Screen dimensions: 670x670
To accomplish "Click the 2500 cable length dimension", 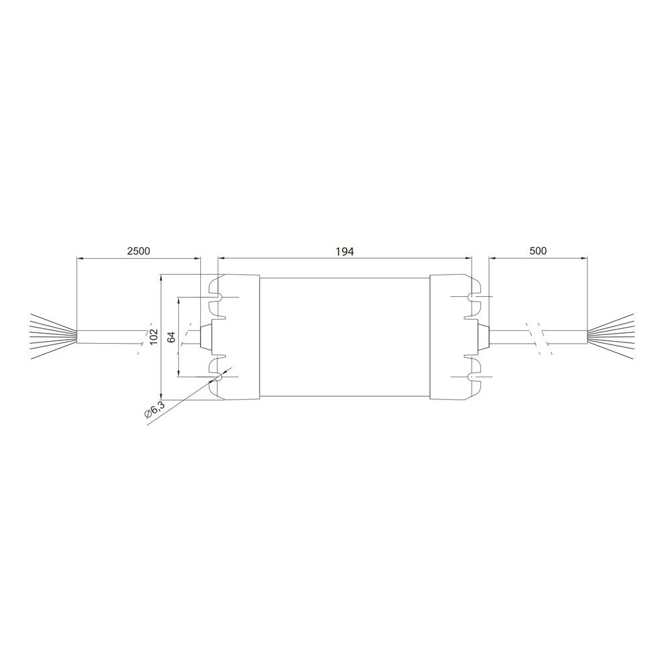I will tap(139, 251).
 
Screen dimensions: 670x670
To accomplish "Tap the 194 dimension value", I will tap(344, 251).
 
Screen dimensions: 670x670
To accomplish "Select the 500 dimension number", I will tap(538, 251).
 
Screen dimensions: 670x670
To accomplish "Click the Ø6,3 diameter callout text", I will tap(154, 410).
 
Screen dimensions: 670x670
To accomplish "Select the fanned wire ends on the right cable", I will tap(611, 335).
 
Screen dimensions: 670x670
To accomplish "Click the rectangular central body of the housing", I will tap(344, 336).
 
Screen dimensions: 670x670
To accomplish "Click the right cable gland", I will tap(482, 336).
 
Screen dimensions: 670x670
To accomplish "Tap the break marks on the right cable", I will tap(538, 336).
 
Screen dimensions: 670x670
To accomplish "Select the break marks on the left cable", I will tap(142, 337).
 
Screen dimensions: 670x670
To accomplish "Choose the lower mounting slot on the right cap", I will tap(473, 377).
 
